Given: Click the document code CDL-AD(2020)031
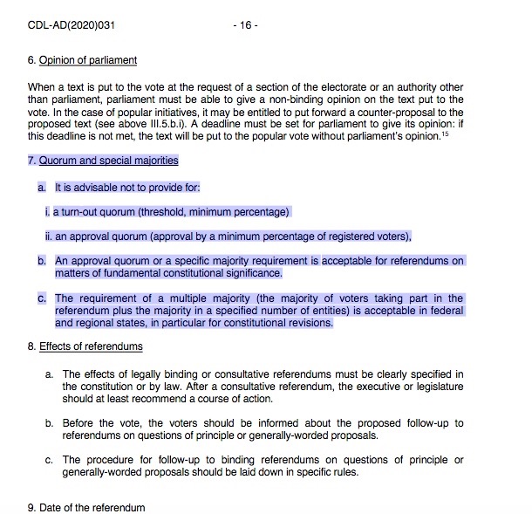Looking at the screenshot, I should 72,25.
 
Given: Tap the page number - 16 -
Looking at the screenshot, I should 245,25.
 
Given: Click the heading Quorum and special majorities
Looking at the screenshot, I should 108,161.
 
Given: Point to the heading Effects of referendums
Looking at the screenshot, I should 91,346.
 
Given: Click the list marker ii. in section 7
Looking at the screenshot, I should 49,236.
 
